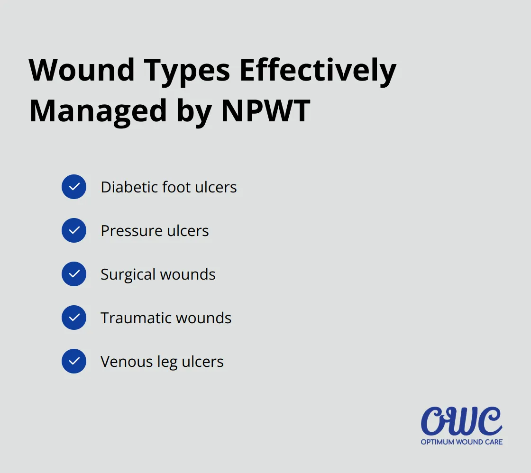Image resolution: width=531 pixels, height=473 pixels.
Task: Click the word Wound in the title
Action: pos(82,70)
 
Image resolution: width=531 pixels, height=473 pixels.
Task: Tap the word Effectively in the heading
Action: pos(318,70)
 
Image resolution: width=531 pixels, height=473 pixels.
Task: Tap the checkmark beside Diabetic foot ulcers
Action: pos(74,187)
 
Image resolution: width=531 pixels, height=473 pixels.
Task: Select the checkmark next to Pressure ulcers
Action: pos(74,230)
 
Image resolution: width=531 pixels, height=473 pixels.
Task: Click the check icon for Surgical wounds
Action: pos(74,274)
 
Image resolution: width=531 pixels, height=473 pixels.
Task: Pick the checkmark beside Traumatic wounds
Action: pos(74,318)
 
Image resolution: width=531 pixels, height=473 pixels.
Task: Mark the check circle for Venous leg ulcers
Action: pos(74,361)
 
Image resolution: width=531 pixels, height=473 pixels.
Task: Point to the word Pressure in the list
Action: pos(125,230)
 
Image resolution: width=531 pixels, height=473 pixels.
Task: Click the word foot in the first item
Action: pos(176,187)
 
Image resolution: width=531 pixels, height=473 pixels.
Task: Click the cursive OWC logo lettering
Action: pos(461,421)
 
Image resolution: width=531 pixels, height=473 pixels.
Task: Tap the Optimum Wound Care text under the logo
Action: pos(461,442)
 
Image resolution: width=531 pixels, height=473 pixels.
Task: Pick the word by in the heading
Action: pos(193,112)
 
